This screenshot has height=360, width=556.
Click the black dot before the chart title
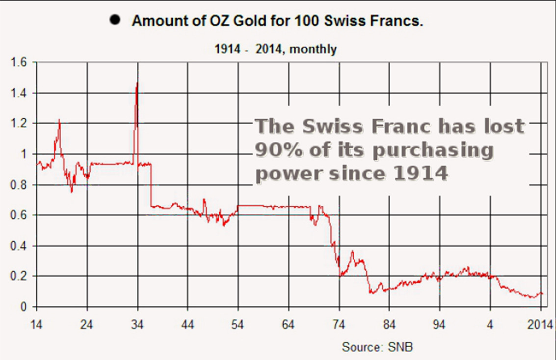click(116, 20)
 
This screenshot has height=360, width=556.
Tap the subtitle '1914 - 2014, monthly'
click(275, 49)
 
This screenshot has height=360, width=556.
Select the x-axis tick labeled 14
click(37, 324)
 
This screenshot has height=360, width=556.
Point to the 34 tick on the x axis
click(137, 324)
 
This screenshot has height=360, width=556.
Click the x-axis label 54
click(238, 324)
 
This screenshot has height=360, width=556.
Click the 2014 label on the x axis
click(540, 324)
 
